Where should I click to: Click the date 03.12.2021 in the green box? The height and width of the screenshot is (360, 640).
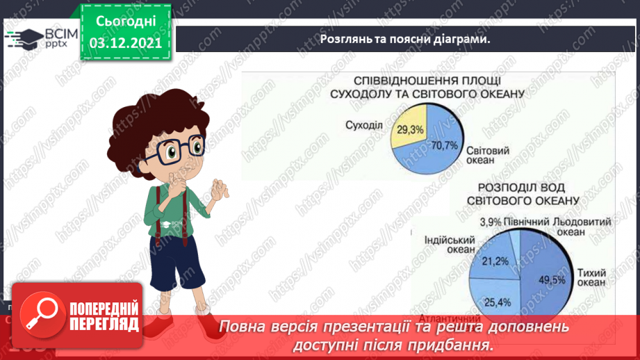[126, 42]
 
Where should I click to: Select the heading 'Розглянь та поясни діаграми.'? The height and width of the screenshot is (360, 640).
[405, 39]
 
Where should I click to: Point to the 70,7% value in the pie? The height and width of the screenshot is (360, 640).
[445, 145]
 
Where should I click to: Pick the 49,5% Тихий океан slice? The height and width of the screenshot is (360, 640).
[549, 271]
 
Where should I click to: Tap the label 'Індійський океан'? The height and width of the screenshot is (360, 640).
[449, 245]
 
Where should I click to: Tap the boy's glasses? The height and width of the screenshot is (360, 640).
[178, 148]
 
